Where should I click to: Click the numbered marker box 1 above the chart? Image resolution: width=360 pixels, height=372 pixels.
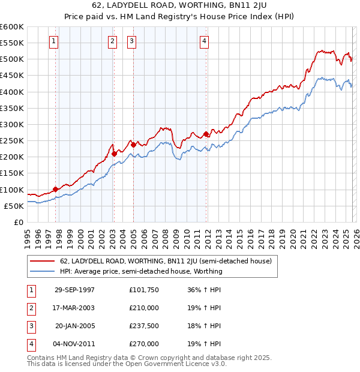[x=54, y=41]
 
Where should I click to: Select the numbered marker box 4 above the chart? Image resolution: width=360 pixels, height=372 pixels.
[x=205, y=41]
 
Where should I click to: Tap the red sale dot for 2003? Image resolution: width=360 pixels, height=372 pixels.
[x=114, y=154]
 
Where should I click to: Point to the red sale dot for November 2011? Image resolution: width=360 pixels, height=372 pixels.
[x=206, y=134]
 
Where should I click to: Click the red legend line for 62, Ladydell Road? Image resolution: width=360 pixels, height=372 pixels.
[x=43, y=262]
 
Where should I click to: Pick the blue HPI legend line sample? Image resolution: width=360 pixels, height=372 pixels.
[x=43, y=271]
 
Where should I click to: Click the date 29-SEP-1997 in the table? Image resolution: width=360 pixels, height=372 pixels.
[x=75, y=290]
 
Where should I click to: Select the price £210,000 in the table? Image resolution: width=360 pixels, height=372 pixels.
[x=144, y=308]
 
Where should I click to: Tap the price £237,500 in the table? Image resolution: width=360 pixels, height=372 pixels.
[x=144, y=326]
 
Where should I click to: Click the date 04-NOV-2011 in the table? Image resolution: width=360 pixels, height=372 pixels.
[x=75, y=344]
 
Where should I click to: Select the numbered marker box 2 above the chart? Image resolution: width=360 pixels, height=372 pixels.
[x=112, y=41]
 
